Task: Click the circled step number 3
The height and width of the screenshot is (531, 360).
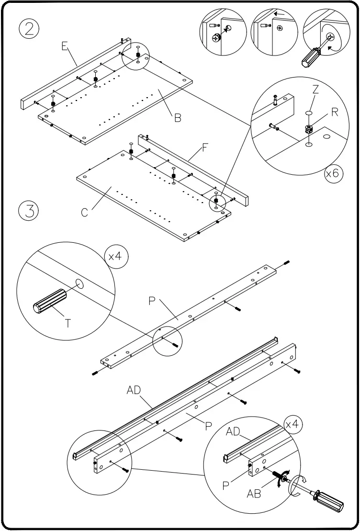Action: click(29, 211)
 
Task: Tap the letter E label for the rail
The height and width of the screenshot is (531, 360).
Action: click(64, 46)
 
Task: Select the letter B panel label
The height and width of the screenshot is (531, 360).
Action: click(178, 118)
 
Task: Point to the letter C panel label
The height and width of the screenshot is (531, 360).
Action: click(84, 213)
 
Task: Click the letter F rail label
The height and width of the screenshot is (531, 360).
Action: click(205, 148)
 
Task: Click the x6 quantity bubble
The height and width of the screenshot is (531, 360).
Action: click(332, 173)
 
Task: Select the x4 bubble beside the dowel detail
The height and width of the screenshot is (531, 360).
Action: click(115, 257)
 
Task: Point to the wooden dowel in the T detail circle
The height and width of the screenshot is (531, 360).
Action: click(49, 301)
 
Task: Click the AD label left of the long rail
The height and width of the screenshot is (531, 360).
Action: click(134, 390)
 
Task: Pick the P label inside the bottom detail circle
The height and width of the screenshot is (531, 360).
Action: click(225, 486)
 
